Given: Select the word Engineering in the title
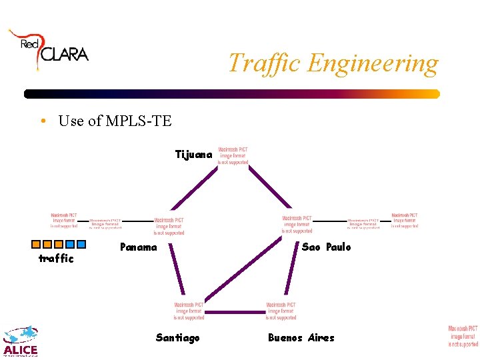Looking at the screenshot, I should point(373,63).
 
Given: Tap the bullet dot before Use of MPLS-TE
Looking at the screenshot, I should point(42,121).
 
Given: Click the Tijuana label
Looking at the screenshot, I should point(193,155).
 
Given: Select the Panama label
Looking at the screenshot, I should point(139,247).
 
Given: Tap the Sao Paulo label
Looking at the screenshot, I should point(326,247).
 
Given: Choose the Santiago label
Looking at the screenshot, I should point(177,338).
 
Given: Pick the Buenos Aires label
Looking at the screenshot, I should point(301,338).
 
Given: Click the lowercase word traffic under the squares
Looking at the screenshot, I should point(56,259).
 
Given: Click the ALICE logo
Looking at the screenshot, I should point(21,341).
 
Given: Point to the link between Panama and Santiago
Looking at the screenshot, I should point(177,271).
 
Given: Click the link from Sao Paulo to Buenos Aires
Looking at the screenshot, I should point(291,271).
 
